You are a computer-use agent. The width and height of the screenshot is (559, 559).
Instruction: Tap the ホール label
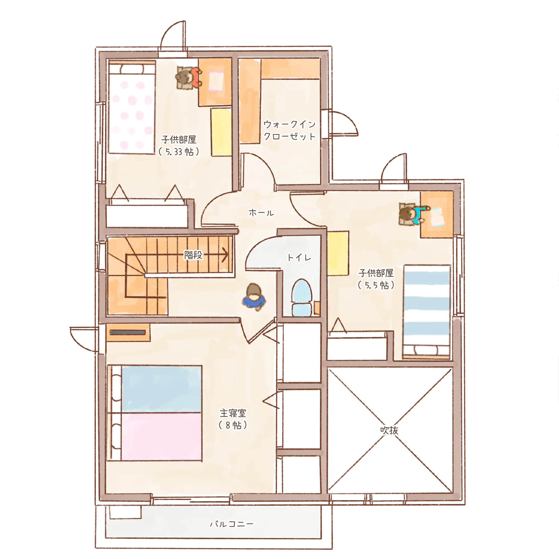(x=261, y=213)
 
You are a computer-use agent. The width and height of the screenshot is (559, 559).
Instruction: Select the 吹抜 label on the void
(x=389, y=430)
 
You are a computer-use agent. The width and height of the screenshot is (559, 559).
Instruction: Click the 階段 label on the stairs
(x=194, y=255)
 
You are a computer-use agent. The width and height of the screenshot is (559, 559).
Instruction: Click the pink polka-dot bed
(x=132, y=107)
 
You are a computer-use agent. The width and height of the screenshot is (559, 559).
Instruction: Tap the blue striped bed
(x=427, y=312)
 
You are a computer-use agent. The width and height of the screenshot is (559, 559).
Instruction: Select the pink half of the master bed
(x=162, y=436)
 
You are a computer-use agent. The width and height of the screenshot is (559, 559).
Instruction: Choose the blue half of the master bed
(x=162, y=389)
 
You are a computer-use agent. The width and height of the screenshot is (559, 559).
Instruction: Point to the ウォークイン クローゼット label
(x=289, y=130)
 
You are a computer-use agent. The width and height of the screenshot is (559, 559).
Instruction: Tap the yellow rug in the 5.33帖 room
(x=221, y=132)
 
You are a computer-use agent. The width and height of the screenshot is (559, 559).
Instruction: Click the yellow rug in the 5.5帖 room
(x=338, y=253)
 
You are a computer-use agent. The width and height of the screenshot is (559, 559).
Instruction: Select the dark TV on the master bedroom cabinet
(x=128, y=332)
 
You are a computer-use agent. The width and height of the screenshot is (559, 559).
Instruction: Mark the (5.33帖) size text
(x=179, y=151)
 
